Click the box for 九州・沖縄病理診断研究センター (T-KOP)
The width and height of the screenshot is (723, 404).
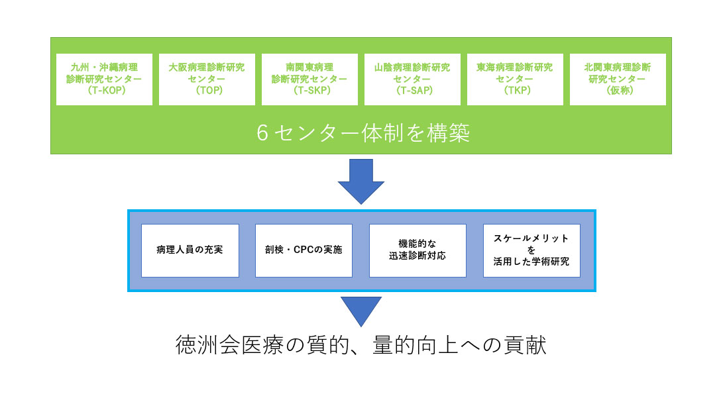pos(104,79)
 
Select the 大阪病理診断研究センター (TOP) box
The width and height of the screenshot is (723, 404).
pos(207,79)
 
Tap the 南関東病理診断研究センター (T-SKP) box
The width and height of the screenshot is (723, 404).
pos(309,79)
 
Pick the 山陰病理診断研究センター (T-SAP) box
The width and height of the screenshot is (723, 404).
pos(412,79)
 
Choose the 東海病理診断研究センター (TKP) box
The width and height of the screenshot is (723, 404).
pos(515,79)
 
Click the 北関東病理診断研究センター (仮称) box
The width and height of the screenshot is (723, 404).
pos(618,79)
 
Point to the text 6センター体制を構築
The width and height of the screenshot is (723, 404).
pos(363,134)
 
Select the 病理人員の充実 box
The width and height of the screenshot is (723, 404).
pos(190,250)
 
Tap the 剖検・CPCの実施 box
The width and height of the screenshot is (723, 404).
pos(304,250)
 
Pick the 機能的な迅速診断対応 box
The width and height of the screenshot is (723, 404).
pos(417,250)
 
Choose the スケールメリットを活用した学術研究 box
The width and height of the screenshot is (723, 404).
pos(531,250)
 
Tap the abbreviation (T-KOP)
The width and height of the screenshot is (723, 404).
pos(104,91)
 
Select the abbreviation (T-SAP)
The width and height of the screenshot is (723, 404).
pos(412,91)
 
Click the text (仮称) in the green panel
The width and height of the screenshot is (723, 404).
pos(618,91)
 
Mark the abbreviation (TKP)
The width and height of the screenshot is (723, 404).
pos(515,91)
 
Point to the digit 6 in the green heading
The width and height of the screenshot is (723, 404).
pos(262,134)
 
